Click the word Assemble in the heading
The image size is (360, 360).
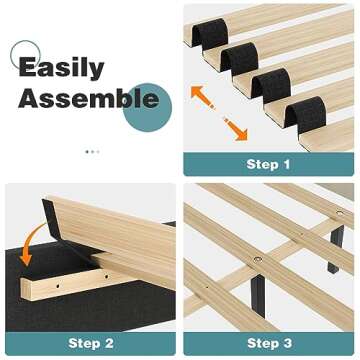click(88, 99)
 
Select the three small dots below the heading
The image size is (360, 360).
click(91, 151)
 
